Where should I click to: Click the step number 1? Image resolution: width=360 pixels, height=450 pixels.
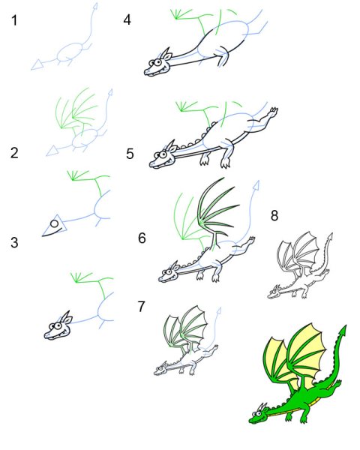tap(14, 20)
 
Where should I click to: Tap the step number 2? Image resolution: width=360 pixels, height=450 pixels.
tap(14, 152)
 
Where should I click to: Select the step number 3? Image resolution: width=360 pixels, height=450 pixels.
tap(14, 242)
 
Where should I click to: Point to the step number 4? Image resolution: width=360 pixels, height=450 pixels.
tap(127, 19)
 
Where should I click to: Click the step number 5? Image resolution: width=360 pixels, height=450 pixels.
tap(130, 154)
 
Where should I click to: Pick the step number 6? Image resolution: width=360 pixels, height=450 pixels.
tap(142, 238)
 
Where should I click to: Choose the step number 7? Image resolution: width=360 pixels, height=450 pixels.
tap(141, 307)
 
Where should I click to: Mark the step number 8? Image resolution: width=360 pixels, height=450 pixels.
tap(274, 215)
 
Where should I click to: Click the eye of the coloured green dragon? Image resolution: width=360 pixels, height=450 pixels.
tap(258, 414)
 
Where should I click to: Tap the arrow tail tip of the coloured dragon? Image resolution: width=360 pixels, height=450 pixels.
tap(343, 331)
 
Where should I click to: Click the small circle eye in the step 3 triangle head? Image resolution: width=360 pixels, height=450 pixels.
tap(54, 223)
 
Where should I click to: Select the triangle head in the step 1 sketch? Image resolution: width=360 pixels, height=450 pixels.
tap(37, 64)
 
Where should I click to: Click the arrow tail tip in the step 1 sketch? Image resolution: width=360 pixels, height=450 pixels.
tap(95, 6)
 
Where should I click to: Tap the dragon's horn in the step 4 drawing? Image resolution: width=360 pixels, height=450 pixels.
tap(165, 54)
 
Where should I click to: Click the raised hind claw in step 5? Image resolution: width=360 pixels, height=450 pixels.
tap(274, 111)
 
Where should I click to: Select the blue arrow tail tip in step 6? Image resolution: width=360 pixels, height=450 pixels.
tap(257, 184)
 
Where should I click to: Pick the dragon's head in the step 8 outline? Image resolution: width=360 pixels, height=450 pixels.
tap(274, 292)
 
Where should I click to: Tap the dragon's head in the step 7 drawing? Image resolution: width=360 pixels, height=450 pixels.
tap(161, 368)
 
